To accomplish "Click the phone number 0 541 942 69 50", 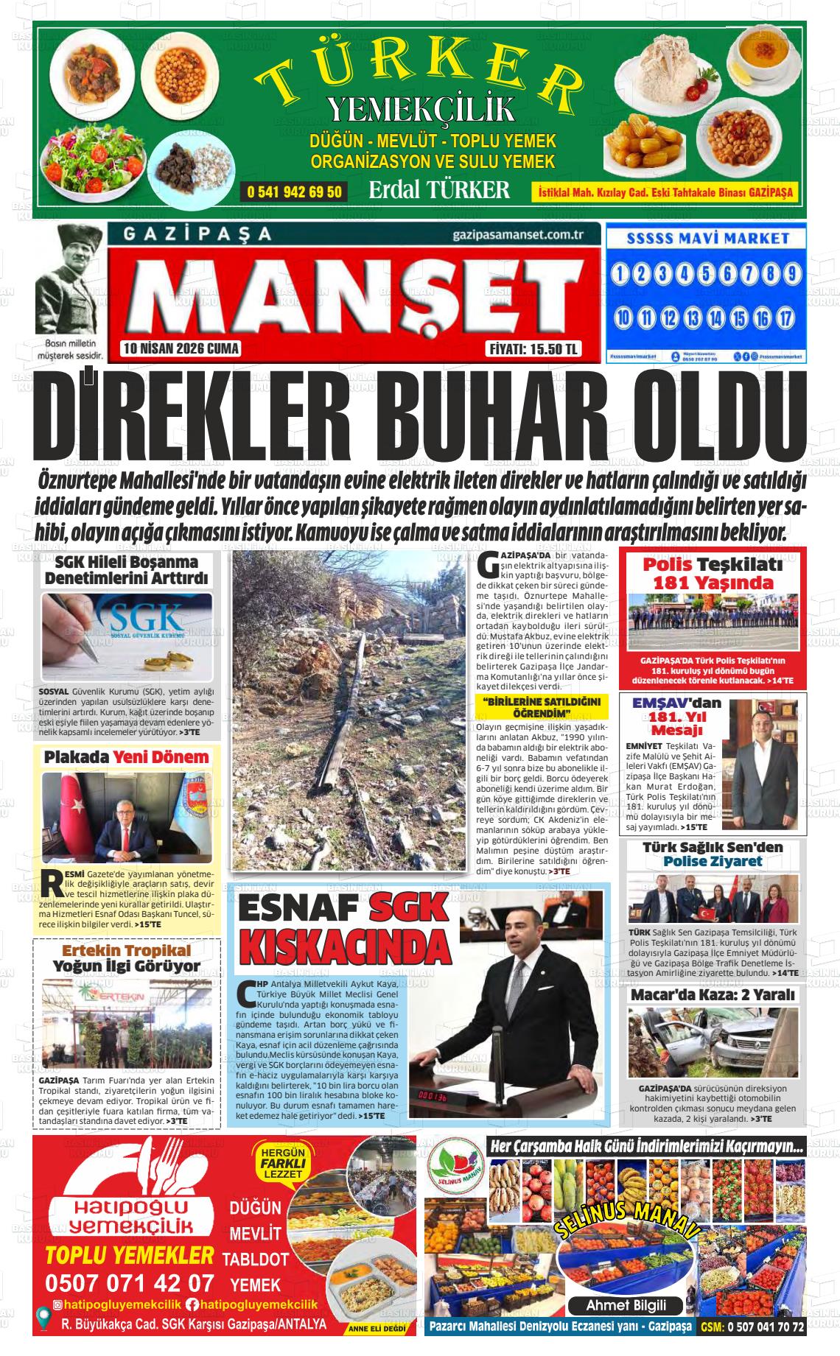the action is click(x=294, y=192).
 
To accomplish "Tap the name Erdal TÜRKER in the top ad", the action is click(x=439, y=190).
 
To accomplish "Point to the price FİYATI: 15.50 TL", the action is click(x=534, y=349).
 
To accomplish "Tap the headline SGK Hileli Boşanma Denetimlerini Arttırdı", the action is click(x=126, y=569).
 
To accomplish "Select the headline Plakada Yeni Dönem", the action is click(x=126, y=756).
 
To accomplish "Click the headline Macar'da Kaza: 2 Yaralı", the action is click(x=713, y=994).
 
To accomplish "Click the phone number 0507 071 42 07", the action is click(x=130, y=1282).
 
